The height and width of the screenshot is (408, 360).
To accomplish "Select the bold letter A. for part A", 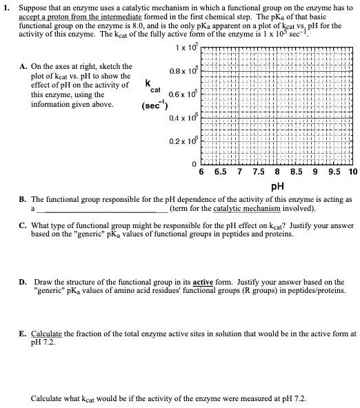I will point(24,66).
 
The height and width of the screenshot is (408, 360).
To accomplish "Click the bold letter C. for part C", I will point(24,225).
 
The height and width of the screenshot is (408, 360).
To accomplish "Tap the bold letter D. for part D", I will point(24,282).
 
